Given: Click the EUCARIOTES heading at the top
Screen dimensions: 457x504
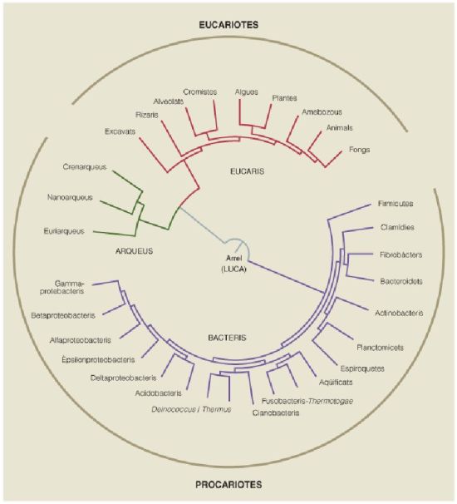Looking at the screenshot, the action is point(228,25).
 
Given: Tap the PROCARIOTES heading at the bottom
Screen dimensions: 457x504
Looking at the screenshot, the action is point(228,484).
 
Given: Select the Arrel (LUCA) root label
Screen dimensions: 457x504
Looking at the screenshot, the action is point(233,264).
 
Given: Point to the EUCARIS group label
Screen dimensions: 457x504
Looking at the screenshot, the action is point(248,171).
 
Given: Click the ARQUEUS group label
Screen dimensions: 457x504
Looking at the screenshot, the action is point(134,250).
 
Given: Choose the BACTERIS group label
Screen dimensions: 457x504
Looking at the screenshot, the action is point(227,338).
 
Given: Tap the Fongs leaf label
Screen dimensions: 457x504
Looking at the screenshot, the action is point(360,150).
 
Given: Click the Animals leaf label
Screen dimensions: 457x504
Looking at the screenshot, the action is point(340,127).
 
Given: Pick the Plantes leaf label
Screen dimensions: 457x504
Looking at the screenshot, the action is point(284,97).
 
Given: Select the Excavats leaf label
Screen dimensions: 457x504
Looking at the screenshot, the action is point(120,131).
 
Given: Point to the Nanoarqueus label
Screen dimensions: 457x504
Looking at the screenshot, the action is point(70,197).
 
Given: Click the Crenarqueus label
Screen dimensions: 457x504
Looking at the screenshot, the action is point(85,167).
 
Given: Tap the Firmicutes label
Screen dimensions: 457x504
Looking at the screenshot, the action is point(396,204).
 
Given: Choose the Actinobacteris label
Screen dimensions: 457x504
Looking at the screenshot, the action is point(399,313).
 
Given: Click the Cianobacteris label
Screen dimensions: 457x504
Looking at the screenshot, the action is point(276,413).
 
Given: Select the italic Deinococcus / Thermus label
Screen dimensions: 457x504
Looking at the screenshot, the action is point(191,409).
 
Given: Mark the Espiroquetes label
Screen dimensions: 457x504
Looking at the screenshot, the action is point(362,368).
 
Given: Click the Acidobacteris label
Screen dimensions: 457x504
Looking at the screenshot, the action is point(159,393).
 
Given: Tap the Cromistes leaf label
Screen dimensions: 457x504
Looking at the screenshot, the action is point(200,92).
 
